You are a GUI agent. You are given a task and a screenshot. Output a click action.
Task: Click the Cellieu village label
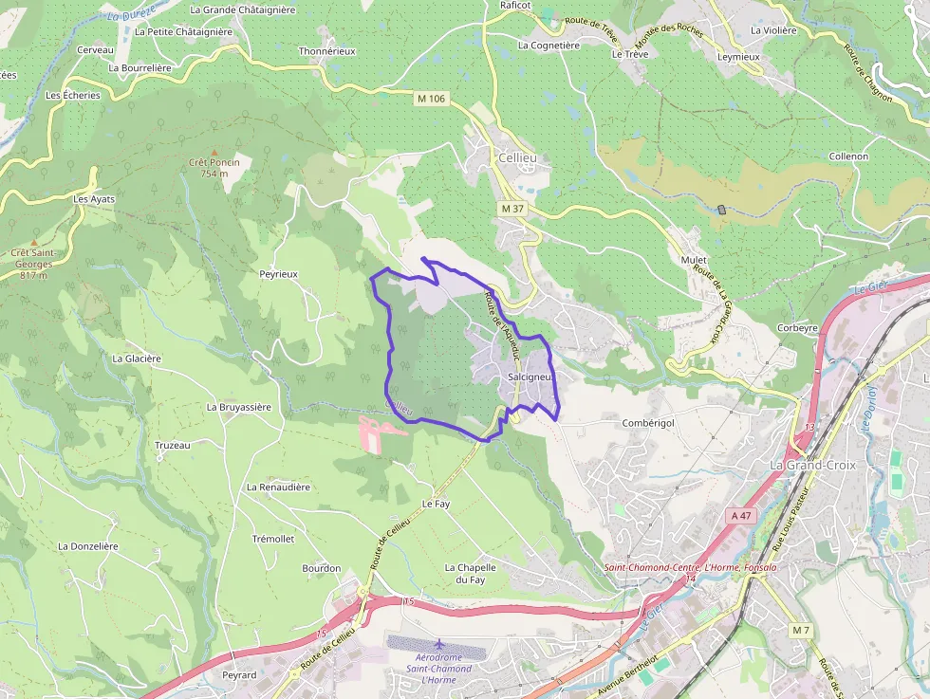516,156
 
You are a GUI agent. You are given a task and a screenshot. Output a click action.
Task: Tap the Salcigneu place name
530,377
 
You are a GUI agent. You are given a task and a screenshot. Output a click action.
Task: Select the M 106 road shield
430,99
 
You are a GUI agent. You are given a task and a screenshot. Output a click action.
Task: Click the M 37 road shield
512,208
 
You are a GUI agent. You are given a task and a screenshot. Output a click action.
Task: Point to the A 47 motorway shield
741,515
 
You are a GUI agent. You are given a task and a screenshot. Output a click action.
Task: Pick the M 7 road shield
802,630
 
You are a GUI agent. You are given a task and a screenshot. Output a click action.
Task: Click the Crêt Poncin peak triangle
214,152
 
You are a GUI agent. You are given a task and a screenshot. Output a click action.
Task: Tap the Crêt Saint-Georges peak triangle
33,242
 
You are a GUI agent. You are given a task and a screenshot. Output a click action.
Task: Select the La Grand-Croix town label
812,466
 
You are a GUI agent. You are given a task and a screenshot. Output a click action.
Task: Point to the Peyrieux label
279,274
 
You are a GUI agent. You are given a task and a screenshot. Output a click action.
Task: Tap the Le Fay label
436,504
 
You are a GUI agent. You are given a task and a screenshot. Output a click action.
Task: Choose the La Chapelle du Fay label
471,573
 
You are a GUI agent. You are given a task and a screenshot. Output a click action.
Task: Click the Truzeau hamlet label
173,445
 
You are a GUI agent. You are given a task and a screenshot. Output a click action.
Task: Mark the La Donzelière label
87,546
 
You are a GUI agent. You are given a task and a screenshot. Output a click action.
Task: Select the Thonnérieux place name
326,51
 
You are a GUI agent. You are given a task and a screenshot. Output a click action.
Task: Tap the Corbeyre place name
797,328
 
